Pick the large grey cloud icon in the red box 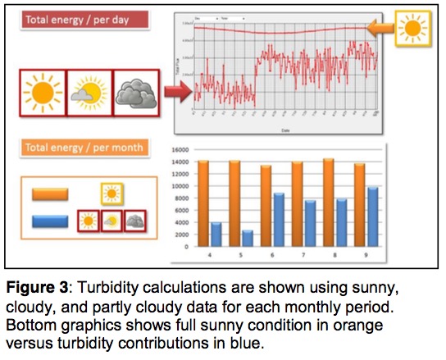point(131,93)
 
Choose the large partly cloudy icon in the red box point(86,93)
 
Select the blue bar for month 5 point(247,238)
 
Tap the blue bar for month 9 point(373,216)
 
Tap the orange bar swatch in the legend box point(49,194)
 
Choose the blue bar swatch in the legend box point(49,221)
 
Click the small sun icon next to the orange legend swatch point(111,194)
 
